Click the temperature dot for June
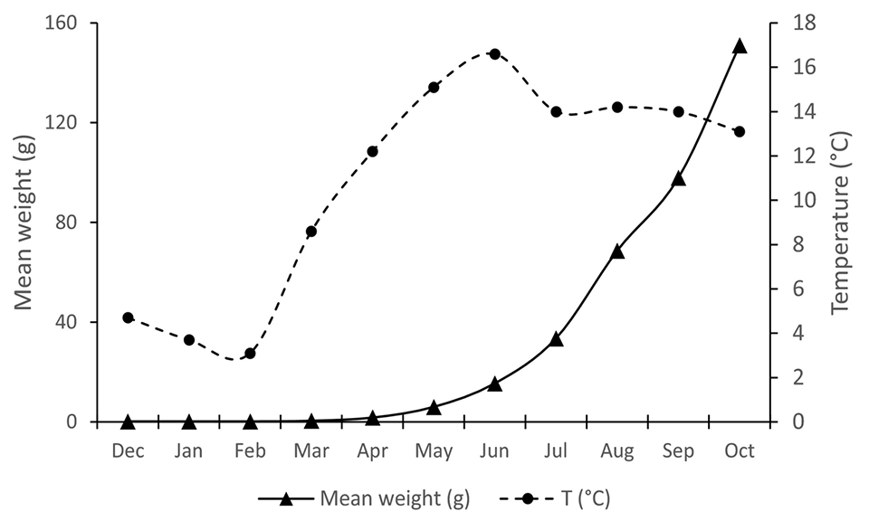(494, 53)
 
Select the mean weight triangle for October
(740, 46)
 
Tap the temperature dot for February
(250, 354)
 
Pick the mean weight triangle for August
(617, 251)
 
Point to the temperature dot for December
(128, 317)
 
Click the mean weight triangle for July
(556, 339)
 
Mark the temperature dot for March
(311, 232)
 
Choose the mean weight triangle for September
(679, 179)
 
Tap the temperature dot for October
(740, 132)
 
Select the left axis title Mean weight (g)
(24, 222)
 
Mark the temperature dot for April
(372, 151)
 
